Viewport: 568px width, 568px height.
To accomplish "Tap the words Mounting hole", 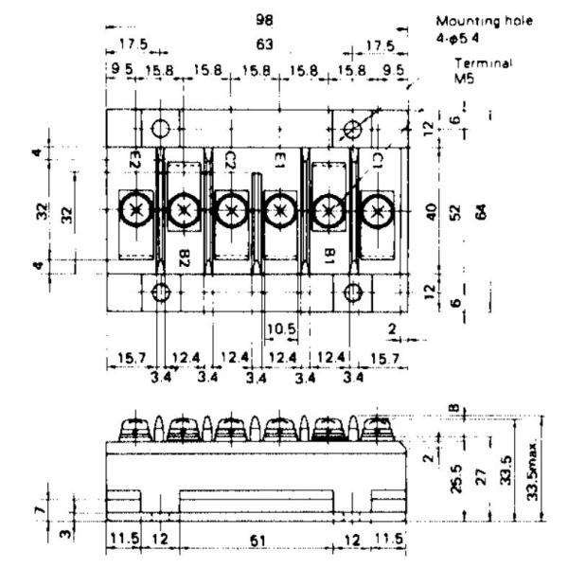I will (x=485, y=20).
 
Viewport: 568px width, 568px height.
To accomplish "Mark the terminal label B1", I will (x=329, y=256).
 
